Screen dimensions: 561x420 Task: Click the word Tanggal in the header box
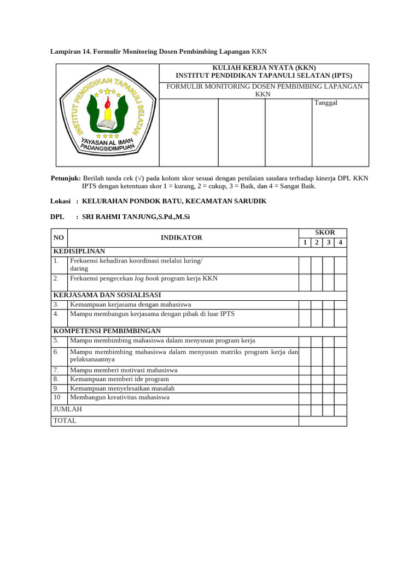point(325,103)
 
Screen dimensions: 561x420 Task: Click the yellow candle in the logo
point(108,114)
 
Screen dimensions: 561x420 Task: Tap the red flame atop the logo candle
point(108,102)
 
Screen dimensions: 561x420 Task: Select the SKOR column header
point(322,233)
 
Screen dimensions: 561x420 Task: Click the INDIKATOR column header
point(182,238)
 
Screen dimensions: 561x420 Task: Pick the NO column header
point(59,238)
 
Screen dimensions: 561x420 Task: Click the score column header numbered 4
point(340,243)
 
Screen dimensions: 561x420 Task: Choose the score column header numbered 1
point(305,243)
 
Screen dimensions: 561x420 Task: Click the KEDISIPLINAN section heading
point(79,251)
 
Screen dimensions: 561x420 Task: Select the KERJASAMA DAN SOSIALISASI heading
point(107,295)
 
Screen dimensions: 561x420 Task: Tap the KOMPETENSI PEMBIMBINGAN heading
point(107,331)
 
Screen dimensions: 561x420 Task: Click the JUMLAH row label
point(67,410)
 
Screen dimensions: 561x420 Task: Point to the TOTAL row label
point(65,421)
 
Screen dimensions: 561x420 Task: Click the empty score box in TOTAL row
point(322,421)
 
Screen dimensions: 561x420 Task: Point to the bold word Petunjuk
point(65,179)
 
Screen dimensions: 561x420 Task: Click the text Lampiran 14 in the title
point(70,51)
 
